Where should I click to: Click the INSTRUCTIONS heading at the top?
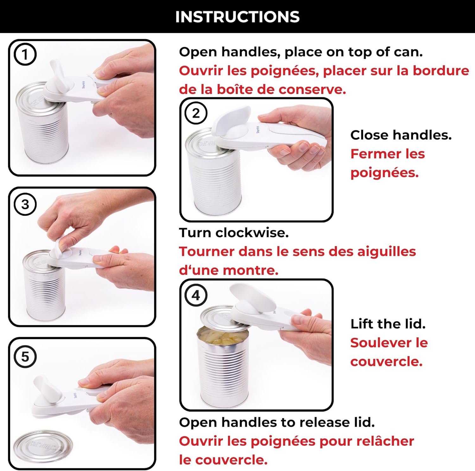[x=237, y=17]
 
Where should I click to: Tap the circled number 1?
[x=25, y=54]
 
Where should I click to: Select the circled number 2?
[x=196, y=113]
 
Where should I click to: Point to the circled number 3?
[x=25, y=204]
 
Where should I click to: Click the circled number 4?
[x=196, y=295]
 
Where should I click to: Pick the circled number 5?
[x=25, y=357]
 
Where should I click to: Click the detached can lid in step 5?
[x=43, y=445]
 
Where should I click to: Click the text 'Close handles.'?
[x=401, y=135]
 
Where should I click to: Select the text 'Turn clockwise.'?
[x=234, y=233]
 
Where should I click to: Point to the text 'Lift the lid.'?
[x=388, y=324]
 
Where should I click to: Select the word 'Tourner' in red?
[x=206, y=251]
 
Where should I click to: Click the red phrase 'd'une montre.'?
[x=228, y=271]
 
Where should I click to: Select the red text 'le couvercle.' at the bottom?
[x=223, y=460]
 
